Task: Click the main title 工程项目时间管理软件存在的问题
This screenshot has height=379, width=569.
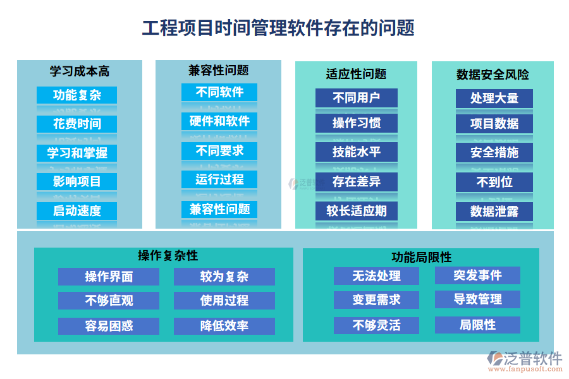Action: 278,28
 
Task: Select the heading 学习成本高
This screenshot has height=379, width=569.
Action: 80,71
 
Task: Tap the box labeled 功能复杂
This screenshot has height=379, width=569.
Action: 76,95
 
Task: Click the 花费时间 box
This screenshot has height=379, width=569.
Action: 76,124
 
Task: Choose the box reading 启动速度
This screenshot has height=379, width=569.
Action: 76,211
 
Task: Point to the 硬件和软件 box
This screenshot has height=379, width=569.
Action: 219,121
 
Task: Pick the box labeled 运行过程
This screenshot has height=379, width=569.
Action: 219,179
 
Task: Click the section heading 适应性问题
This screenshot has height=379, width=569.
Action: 356,74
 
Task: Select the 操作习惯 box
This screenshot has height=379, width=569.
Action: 357,123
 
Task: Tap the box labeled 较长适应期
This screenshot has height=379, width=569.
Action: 357,211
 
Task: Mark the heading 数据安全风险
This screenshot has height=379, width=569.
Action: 493,75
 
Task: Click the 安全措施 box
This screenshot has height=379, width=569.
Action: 494,152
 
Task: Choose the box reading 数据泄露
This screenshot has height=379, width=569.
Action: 494,212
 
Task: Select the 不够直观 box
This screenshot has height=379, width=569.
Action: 109,301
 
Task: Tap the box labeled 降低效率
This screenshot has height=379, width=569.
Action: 224,326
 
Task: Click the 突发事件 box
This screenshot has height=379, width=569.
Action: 477,275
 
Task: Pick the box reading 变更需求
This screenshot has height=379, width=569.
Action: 376,299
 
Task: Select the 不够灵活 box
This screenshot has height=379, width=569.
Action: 376,325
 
